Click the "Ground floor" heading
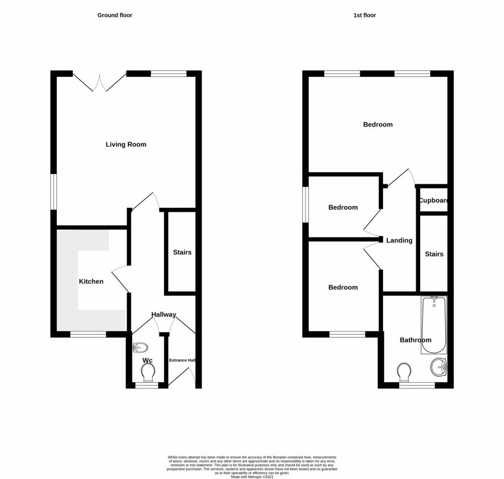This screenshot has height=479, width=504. click(115, 15)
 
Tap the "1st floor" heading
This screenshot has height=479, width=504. click(365, 15)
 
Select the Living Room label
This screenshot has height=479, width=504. click(126, 144)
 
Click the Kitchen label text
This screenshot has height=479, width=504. click(91, 281)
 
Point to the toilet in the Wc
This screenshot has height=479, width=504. click(148, 372)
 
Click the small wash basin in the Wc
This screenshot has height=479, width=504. click(140, 348)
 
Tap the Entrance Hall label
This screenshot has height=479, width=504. click(182, 360)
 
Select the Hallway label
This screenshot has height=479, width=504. click(163, 315)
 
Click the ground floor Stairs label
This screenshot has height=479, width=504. click(182, 253)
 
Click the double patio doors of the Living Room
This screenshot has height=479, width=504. click(99, 82)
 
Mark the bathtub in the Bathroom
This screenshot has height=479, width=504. click(434, 325)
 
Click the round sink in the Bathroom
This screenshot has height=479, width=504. click(439, 367)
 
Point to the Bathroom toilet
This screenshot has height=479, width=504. click(404, 372)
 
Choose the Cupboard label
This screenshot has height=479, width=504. click(433, 200)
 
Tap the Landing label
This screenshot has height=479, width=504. click(399, 240)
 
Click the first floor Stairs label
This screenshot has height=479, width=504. click(434, 254)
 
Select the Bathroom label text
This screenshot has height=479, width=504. click(415, 340)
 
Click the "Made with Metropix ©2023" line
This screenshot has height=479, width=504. click(252, 477)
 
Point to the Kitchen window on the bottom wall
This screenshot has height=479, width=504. click(88, 335)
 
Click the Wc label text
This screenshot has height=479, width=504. click(147, 360)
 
